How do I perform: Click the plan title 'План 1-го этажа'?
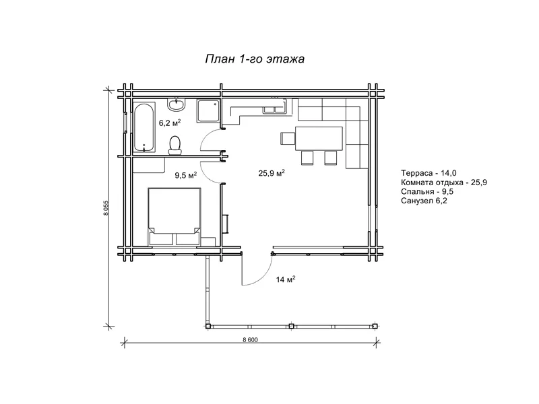click(255, 59)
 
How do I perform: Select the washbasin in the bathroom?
click(177, 104)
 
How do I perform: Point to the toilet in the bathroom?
click(175, 145)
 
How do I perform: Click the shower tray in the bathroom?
click(208, 110)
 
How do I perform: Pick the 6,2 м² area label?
click(170, 123)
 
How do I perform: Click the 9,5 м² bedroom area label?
click(186, 175)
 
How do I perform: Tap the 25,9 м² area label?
click(272, 173)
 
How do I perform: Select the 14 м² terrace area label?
click(286, 279)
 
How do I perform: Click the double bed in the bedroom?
click(175, 216)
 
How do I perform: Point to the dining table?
click(319, 139)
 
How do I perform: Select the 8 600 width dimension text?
click(250, 340)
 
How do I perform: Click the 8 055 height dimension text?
click(106, 207)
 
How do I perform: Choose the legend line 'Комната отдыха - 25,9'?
click(444, 182)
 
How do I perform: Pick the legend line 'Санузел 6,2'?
click(424, 201)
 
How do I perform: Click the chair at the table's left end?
click(288, 139)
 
